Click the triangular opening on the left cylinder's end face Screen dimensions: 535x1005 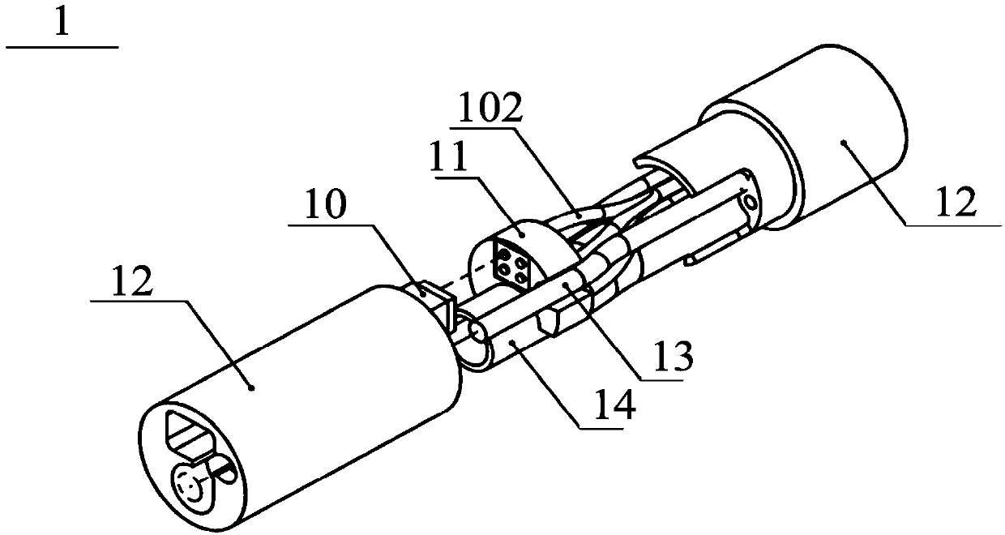191,434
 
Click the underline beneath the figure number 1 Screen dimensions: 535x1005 62,48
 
